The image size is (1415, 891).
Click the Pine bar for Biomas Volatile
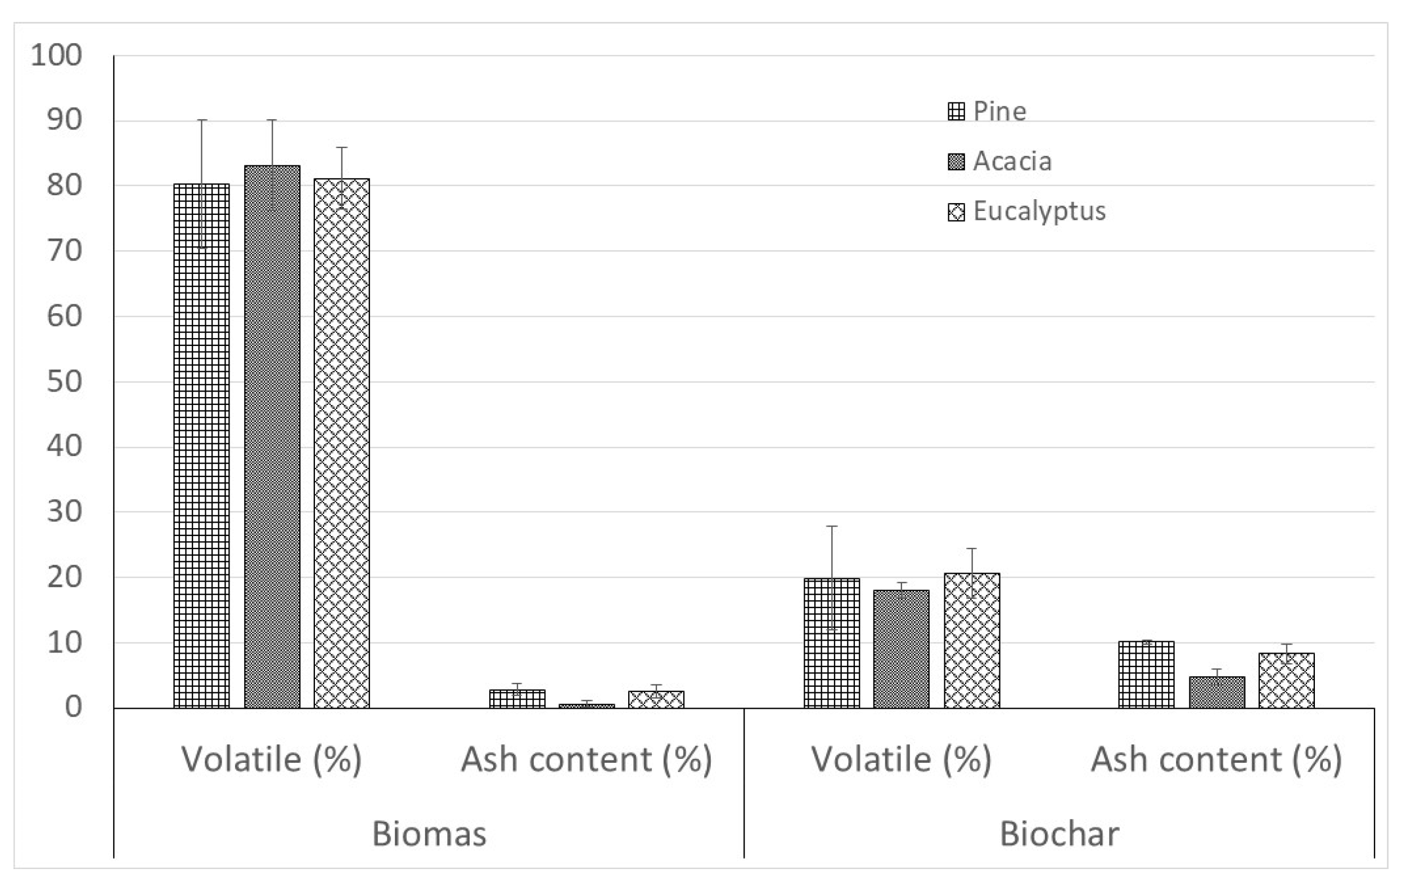click(201, 447)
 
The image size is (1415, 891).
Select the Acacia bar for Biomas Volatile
click(272, 438)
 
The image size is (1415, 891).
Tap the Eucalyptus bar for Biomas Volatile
click(342, 444)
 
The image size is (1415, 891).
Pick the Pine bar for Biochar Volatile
click(831, 643)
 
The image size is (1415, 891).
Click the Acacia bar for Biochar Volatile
click(902, 650)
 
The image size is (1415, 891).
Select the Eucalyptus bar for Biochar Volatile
click(972, 641)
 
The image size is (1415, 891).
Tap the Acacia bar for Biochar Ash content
click(1217, 692)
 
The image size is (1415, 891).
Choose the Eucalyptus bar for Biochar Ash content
click(1287, 681)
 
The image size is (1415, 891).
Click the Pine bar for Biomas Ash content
click(517, 699)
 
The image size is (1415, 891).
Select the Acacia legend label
click(1012, 161)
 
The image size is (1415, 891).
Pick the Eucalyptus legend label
click(1039, 211)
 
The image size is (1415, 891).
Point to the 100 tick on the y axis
click(56, 56)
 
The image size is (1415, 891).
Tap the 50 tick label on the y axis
click(64, 382)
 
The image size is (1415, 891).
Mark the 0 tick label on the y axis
click(73, 707)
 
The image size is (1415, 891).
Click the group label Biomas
click(429, 834)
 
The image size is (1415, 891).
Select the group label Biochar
click(1059, 834)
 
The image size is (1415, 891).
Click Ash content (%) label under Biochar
click(1216, 759)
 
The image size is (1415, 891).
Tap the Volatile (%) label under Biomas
click(272, 759)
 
